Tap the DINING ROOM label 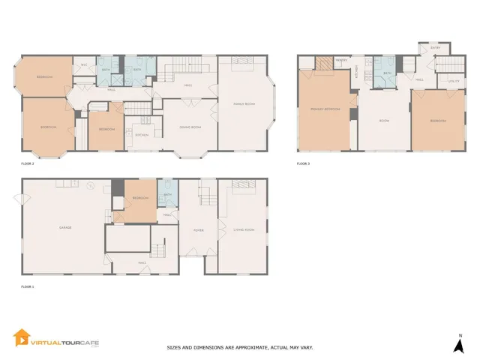190,127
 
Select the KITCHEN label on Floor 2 140,135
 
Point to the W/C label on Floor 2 84,67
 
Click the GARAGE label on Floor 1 64,227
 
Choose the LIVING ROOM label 244,229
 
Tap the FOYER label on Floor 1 199,230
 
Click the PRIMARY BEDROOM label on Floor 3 325,109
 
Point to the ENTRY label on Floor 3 435,49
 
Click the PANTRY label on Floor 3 340,60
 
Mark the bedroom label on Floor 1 139,198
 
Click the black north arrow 460,346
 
